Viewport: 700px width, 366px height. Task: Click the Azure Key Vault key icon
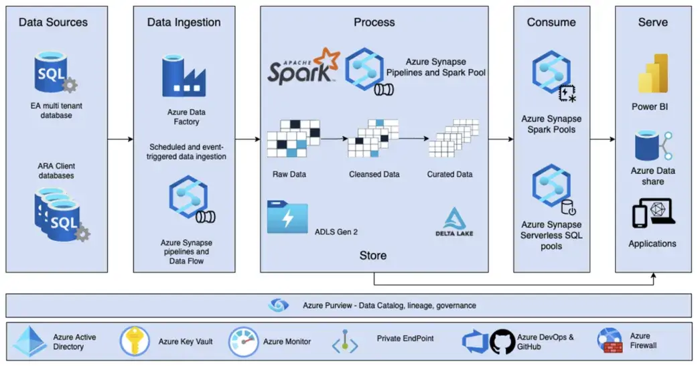click(x=135, y=341)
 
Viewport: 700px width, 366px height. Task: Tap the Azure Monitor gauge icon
click(x=243, y=341)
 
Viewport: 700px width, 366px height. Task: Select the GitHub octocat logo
click(x=502, y=341)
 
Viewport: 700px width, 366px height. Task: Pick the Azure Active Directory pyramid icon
click(x=30, y=341)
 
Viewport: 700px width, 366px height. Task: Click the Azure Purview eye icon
click(x=278, y=305)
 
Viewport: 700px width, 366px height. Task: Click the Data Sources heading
click(x=53, y=23)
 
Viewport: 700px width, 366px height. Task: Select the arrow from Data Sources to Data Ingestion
click(x=120, y=139)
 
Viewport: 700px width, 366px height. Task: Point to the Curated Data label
click(x=449, y=175)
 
